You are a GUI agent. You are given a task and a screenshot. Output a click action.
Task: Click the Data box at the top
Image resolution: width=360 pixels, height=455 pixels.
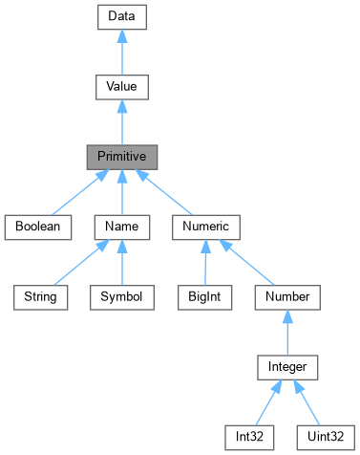[x=121, y=16]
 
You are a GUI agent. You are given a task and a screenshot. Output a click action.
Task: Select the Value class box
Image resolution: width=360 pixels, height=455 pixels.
[x=121, y=86]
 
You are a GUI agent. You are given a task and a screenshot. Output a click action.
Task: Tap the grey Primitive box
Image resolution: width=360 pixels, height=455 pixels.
[x=121, y=157]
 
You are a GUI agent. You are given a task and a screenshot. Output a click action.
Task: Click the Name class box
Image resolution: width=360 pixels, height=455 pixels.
[x=121, y=227]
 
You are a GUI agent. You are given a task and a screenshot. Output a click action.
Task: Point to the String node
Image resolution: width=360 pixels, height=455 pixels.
[x=41, y=296]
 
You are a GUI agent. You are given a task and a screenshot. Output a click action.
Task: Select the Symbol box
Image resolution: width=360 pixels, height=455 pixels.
[x=121, y=296]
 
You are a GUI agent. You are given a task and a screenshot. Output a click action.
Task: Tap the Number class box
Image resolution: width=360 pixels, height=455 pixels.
[x=287, y=296]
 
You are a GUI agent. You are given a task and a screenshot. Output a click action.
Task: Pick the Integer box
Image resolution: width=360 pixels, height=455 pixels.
[x=287, y=366]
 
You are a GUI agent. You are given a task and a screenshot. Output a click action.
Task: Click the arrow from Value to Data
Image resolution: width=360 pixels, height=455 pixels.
[x=121, y=52]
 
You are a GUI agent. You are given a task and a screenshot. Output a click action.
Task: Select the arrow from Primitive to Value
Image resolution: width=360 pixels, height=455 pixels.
[x=121, y=121]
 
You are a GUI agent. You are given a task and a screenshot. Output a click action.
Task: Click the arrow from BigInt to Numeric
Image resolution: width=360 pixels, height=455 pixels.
[x=203, y=262]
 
